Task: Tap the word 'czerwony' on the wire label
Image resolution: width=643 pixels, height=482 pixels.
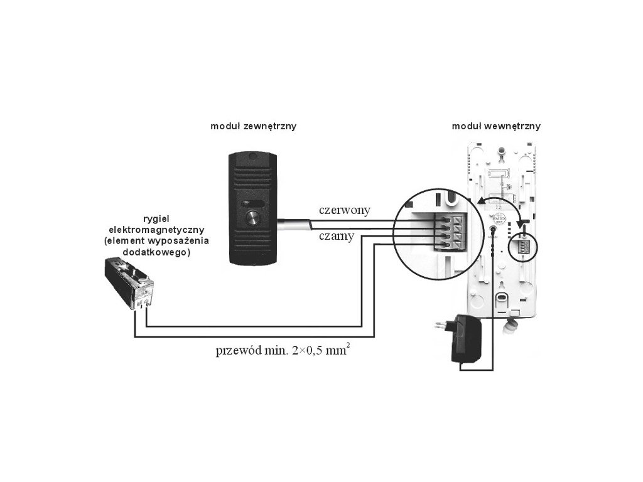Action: tap(344, 210)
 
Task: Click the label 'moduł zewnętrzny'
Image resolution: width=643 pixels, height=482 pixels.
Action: tap(254, 126)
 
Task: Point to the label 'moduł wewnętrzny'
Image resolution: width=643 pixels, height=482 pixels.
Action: tap(496, 126)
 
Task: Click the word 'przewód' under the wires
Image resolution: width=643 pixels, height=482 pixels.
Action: tap(237, 351)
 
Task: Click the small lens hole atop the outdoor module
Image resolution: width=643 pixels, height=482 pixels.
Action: tap(252, 157)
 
